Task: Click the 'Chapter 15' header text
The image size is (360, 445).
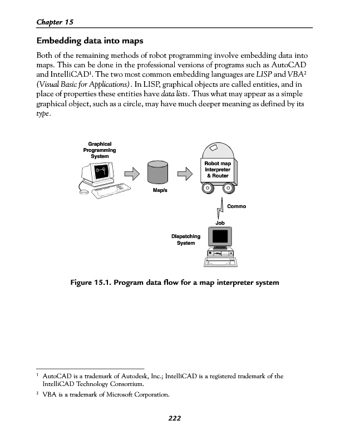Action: (x=55, y=22)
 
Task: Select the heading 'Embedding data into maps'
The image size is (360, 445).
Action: (x=90, y=41)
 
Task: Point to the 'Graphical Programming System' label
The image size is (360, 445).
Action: (x=100, y=150)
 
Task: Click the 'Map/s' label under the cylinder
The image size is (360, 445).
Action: (x=160, y=190)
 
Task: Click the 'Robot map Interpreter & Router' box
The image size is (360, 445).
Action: (x=217, y=170)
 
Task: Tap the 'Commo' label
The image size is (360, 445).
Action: (x=236, y=206)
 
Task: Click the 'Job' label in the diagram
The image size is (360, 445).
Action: (x=220, y=222)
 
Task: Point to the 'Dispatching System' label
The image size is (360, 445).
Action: (x=186, y=240)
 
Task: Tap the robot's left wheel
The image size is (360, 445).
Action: (x=206, y=189)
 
